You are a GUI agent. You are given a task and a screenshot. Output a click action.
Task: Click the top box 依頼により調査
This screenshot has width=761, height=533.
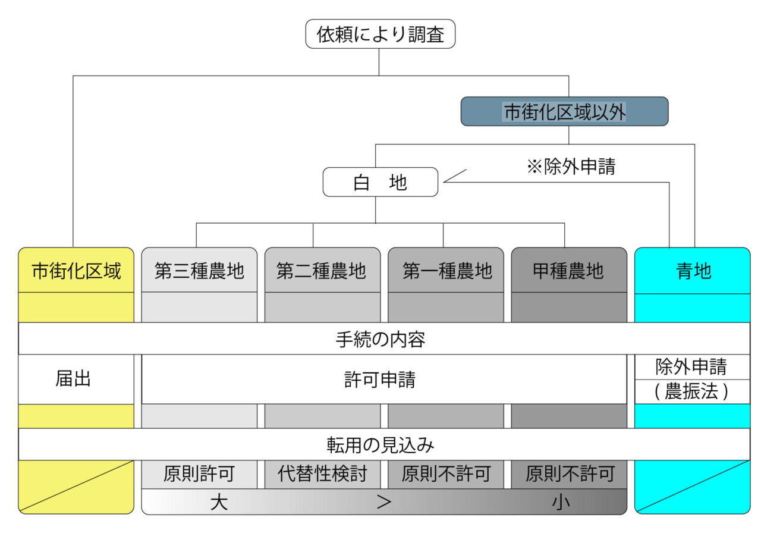point(380,34)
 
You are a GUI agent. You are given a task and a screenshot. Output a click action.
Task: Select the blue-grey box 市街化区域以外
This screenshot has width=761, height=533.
point(564,111)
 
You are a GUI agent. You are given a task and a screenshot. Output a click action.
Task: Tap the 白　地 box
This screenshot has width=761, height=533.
point(380,182)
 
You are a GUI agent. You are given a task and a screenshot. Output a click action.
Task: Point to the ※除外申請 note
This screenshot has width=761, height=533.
point(571,167)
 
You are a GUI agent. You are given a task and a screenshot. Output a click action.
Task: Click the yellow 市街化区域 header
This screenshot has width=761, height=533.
point(76,271)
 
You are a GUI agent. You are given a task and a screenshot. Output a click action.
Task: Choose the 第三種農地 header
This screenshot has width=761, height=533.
point(199,271)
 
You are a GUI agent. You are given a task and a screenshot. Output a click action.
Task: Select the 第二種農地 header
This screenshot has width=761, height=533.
point(322,271)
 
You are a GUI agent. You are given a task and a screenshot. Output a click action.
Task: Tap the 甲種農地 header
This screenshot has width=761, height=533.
point(569,271)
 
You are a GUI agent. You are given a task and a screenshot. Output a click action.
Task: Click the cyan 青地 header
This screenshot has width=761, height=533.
point(693,271)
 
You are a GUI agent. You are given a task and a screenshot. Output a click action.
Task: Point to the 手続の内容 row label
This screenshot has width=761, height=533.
point(380,339)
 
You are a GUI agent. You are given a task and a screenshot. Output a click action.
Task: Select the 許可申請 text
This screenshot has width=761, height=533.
point(380,380)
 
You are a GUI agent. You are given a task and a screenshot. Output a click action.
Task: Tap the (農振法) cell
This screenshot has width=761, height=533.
point(691,392)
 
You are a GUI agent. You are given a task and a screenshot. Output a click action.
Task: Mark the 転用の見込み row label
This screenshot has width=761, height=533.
point(380,444)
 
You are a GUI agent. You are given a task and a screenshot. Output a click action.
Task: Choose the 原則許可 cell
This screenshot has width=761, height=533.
point(199,474)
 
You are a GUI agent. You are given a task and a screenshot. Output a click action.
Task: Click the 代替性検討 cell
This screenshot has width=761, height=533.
point(322,474)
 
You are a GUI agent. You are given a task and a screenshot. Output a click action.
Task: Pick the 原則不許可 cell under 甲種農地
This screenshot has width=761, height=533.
point(569,474)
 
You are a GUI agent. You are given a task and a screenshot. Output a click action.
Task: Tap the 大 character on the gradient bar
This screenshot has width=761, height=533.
point(219,502)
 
